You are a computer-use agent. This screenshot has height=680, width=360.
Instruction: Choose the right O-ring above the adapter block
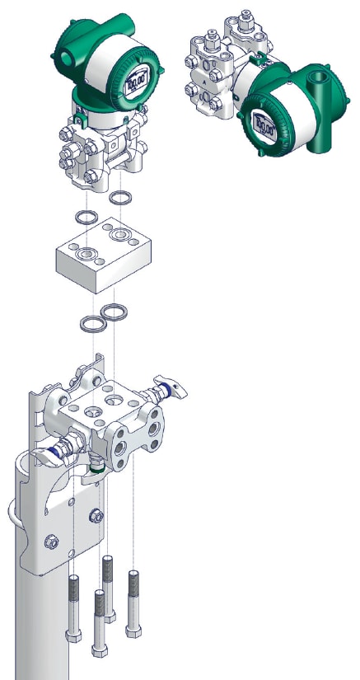[120, 199]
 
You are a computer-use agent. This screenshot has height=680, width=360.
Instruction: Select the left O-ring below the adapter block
[90, 322]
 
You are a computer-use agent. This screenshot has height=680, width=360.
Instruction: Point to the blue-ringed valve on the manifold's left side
[57, 450]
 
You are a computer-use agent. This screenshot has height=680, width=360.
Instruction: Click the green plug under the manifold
[97, 470]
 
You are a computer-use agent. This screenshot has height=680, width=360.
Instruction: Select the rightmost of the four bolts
[133, 602]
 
